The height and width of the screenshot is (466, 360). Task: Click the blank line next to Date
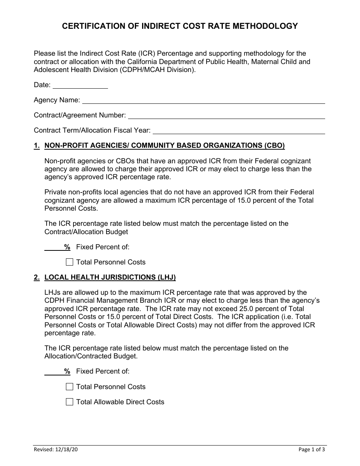coord(80,85)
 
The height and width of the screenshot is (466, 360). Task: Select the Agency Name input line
coord(203,100)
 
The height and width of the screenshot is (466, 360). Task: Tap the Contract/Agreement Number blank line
coord(226,116)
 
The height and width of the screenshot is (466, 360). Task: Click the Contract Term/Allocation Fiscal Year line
coord(239,131)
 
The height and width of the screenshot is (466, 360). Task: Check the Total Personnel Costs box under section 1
coord(69,262)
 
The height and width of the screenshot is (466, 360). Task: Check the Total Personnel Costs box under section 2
coord(69,387)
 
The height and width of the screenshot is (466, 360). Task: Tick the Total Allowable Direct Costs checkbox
coord(69,402)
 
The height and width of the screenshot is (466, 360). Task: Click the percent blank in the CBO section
coord(54,247)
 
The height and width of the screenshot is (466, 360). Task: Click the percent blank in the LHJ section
coord(54,372)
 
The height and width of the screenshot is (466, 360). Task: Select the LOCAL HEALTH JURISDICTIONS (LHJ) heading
coord(110,277)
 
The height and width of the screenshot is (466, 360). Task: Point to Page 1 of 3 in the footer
coord(311,450)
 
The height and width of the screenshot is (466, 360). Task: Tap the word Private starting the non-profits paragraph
coord(56,192)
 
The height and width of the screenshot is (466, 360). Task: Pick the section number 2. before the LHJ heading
coord(37,277)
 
